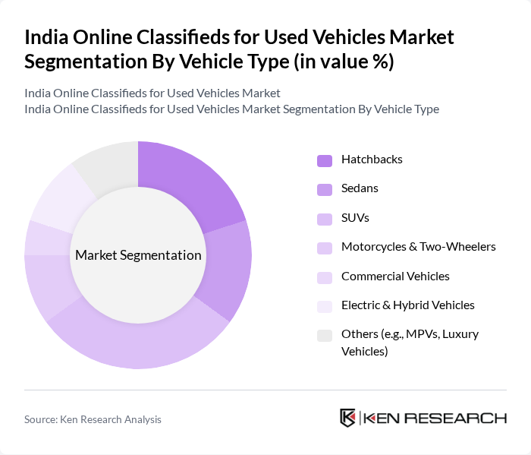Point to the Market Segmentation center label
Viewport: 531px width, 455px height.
[x=138, y=255]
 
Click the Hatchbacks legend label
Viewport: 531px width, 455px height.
[x=372, y=160]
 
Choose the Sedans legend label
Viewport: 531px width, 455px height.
[x=360, y=188]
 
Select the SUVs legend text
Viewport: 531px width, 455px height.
[x=356, y=218]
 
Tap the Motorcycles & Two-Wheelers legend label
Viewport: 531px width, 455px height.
[x=418, y=247]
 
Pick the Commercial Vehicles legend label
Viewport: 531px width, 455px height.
[x=395, y=276]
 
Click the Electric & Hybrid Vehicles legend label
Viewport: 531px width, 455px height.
[x=407, y=305]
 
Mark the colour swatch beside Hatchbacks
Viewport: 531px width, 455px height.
[x=325, y=160]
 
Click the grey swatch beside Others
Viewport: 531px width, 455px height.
[x=325, y=335]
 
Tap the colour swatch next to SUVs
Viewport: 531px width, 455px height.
[x=325, y=219]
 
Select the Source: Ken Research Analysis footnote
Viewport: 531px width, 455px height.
[x=93, y=419]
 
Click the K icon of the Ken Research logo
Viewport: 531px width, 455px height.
[x=348, y=418]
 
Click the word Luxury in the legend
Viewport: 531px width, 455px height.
[x=458, y=334]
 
